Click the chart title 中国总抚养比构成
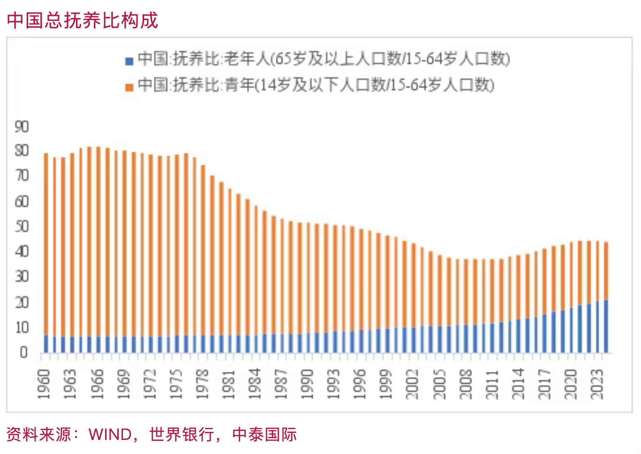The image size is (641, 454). tap(83, 20)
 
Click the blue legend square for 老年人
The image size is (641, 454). tap(130, 61)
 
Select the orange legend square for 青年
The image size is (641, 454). tap(130, 87)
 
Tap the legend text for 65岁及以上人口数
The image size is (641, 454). tap(324, 59)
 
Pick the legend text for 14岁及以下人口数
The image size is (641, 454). tap(316, 85)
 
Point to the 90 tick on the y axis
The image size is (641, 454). tap(22, 127)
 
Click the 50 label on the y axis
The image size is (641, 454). tap(22, 227)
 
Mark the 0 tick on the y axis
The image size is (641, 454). tap(23, 353)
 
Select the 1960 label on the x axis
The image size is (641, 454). tap(44, 384)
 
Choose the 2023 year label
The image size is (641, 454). tap(597, 384)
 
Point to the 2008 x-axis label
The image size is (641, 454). tap(465, 384)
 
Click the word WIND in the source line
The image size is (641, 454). tap(110, 434)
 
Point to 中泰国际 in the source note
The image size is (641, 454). tap(265, 434)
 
